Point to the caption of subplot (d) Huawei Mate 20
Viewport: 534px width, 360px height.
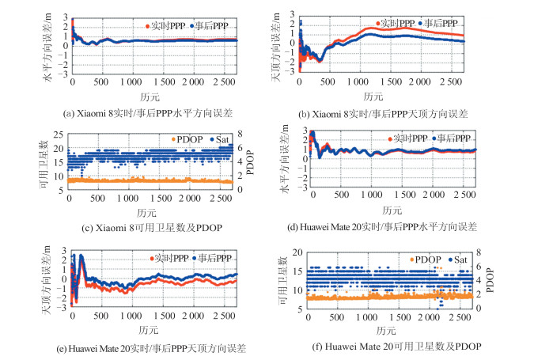383,227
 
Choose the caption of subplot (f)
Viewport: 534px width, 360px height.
392,347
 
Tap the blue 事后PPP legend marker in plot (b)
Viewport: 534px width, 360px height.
420,23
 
